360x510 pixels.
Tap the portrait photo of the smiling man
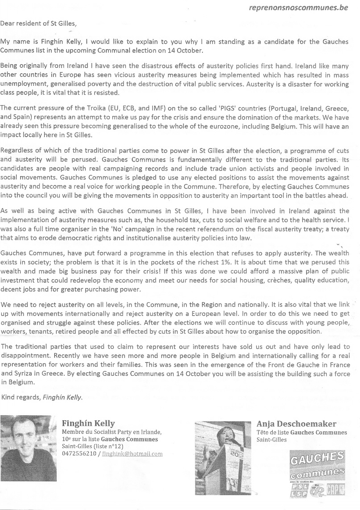[x=28, y=448]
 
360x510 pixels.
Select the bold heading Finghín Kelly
[x=88, y=423]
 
